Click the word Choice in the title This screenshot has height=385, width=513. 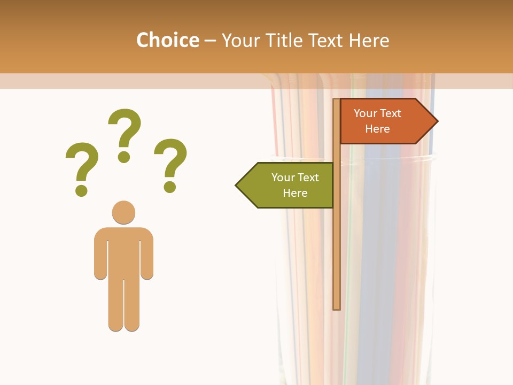pyautogui.click(x=167, y=40)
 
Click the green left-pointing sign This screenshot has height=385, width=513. pyautogui.click(x=289, y=185)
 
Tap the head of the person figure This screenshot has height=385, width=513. pyautogui.click(x=123, y=212)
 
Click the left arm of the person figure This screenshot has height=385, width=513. pyautogui.click(x=100, y=257)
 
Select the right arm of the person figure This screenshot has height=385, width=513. pyautogui.click(x=147, y=257)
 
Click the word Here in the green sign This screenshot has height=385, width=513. pyautogui.click(x=295, y=193)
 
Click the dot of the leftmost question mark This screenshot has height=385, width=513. pyautogui.click(x=81, y=190)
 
